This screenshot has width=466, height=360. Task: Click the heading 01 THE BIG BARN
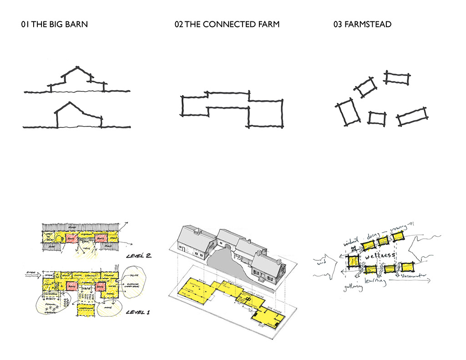(x=54, y=24)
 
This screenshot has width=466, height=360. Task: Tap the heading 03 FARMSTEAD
(x=362, y=24)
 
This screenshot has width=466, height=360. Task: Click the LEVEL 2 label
(x=138, y=256)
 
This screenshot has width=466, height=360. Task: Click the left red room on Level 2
(x=71, y=238)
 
